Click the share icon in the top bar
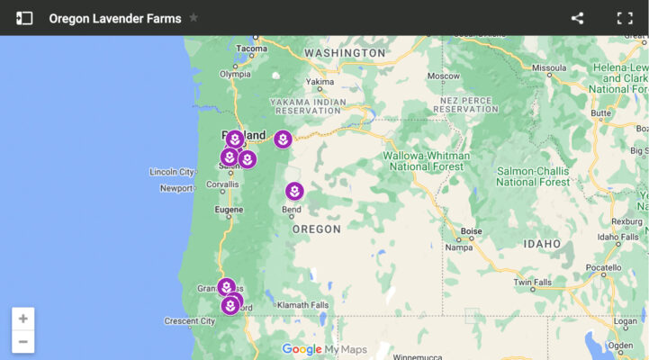[577, 18]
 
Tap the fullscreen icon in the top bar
[625, 18]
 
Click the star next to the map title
[194, 18]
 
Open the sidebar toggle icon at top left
[24, 18]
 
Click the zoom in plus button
[23, 319]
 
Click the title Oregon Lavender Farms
[114, 18]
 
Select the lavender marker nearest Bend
[294, 192]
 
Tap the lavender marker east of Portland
[283, 139]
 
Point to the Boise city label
[471, 231]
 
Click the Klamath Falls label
[302, 305]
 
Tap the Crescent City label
[190, 321]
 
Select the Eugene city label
[228, 209]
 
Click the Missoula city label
[548, 67]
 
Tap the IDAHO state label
[542, 244]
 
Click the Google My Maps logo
[324, 349]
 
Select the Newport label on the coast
[176, 188]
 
